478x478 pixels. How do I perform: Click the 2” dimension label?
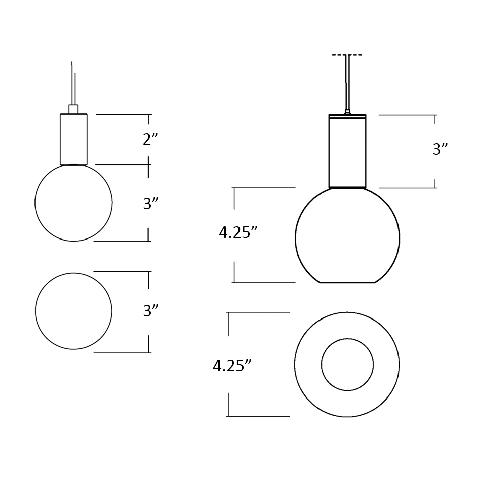[150, 139]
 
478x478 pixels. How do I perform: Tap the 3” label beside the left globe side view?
[151, 204]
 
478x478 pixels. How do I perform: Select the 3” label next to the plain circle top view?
[151, 311]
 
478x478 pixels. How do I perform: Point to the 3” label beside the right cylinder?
[440, 149]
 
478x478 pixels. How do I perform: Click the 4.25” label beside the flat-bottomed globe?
[238, 232]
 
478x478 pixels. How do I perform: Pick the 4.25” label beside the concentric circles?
[232, 366]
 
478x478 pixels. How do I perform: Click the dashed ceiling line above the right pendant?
[347, 55]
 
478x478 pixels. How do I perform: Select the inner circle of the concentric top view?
[347, 364]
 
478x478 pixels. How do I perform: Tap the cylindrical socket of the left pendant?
[73, 139]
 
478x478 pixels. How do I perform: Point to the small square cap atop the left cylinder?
[73, 109]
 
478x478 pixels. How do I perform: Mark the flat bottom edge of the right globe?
[347, 282]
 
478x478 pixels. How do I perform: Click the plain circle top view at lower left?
[73, 311]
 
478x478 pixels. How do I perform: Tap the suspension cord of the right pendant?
[347, 83]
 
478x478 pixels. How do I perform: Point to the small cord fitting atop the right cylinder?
[347, 112]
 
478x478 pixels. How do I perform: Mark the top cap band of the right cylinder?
[347, 117]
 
